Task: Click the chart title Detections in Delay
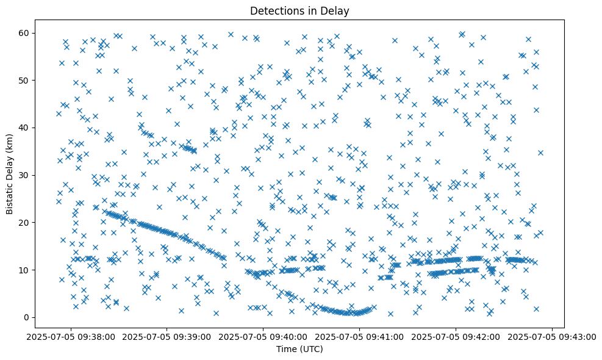[300, 10]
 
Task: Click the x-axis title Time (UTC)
[300, 349]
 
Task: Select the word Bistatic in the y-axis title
[10, 193]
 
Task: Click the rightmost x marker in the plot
[540, 153]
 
